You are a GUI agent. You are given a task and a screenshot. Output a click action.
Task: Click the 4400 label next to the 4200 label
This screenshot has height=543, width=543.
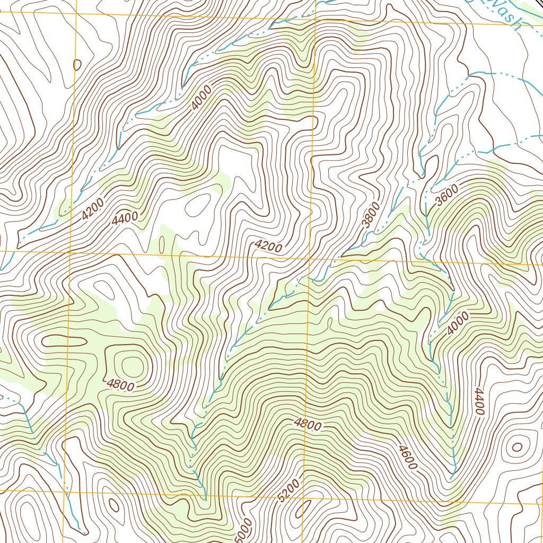click(x=125, y=217)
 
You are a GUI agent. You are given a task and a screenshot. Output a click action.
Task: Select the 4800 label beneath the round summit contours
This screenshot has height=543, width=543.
click(x=120, y=385)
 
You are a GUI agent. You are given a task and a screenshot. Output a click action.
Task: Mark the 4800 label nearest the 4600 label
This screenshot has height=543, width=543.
click(x=308, y=425)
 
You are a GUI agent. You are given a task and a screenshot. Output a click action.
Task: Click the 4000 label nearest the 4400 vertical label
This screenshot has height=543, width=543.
click(x=458, y=323)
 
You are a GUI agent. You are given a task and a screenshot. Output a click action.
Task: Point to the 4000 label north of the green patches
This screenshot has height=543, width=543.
click(x=202, y=98)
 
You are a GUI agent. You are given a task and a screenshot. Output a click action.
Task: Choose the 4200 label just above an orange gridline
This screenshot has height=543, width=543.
click(x=268, y=246)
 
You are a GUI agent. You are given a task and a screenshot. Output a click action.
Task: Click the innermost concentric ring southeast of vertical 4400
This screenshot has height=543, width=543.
click(x=517, y=447)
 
